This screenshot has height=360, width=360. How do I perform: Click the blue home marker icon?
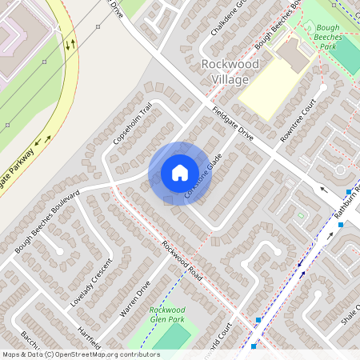point(179,173)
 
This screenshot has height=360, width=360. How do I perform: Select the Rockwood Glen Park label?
point(167,314)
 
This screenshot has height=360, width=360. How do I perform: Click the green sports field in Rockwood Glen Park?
point(170,337)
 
